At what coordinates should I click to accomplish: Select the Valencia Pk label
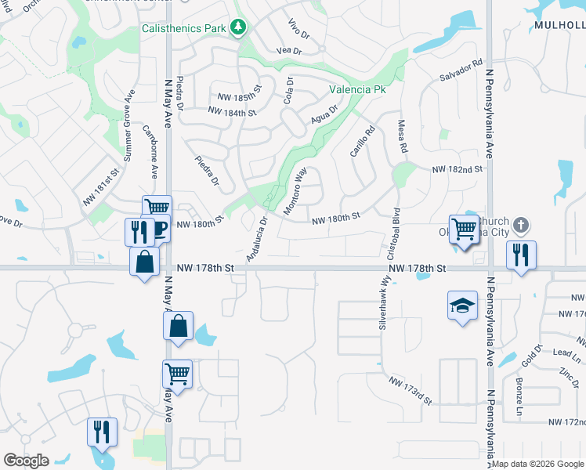(357, 90)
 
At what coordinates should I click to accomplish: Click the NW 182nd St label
(461, 169)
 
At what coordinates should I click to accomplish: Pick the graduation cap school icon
(462, 305)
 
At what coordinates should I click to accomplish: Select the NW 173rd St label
(411, 389)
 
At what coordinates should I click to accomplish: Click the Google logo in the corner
(27, 461)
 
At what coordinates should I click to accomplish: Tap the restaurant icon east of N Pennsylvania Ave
(520, 254)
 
